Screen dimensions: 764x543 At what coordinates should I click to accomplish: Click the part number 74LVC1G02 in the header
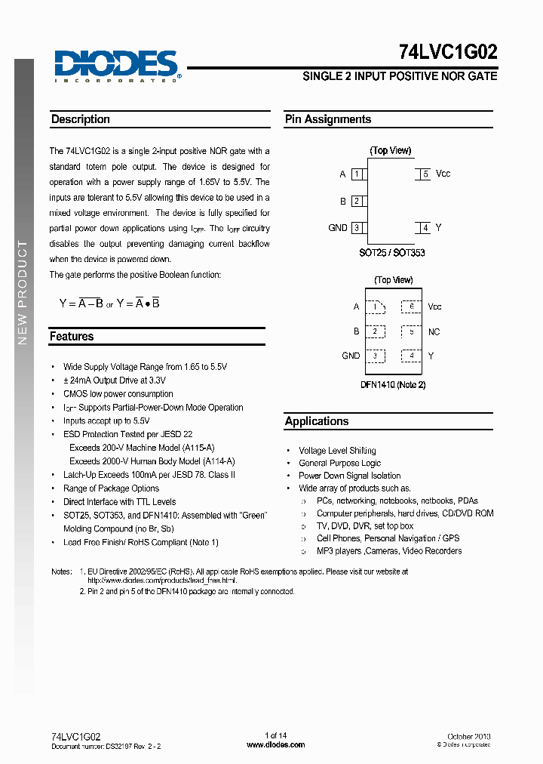point(447,53)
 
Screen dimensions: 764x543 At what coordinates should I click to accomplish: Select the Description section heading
point(81,119)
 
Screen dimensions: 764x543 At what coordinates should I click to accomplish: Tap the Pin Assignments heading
point(328,119)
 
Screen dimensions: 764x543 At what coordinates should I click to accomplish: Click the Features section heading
point(72,337)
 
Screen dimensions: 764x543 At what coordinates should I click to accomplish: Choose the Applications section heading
point(317,421)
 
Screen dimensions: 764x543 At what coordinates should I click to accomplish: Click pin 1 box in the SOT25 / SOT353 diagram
point(357,174)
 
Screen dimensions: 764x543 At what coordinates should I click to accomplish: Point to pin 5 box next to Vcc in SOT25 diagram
point(425,174)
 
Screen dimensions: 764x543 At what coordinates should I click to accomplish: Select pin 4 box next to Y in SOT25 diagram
point(425,228)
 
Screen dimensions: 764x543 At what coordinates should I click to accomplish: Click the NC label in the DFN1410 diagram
point(434,332)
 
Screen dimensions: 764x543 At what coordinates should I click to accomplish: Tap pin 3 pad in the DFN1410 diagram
point(375,356)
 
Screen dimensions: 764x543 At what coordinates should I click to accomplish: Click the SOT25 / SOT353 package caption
point(391,253)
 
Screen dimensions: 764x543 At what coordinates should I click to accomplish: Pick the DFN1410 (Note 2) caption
point(392,385)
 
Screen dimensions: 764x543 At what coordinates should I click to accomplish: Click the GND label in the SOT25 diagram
point(337,228)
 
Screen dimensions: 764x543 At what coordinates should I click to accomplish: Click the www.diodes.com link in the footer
point(276,744)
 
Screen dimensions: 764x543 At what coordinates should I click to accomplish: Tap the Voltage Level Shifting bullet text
point(337,451)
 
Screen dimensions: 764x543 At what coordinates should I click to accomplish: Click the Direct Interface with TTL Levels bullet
point(119,502)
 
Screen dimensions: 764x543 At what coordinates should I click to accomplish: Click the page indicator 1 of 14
point(276,736)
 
